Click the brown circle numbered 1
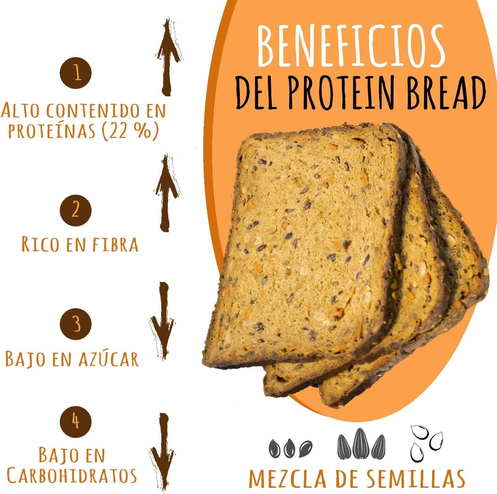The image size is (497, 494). click(x=76, y=73)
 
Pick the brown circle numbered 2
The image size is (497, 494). click(x=76, y=210)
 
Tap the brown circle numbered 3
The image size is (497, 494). click(x=76, y=324)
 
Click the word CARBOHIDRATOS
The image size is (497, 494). click(x=72, y=476)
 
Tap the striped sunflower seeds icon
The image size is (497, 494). click(x=361, y=444)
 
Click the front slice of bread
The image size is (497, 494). click(x=304, y=246)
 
